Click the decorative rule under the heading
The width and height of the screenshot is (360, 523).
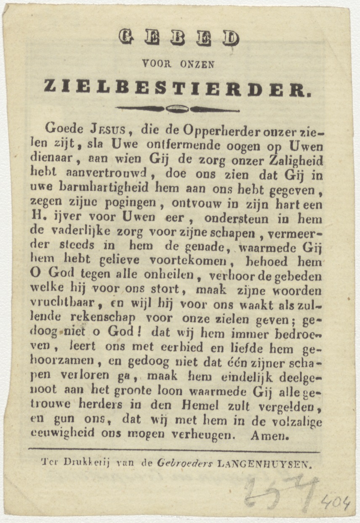(x=177, y=109)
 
